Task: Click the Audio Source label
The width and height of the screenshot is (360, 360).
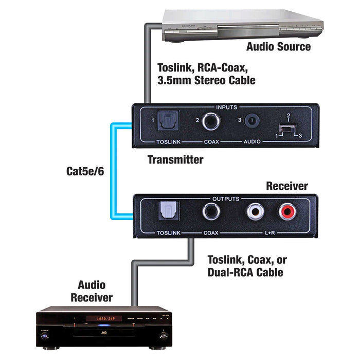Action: point(278,47)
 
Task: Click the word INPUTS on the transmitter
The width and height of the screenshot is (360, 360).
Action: point(226,107)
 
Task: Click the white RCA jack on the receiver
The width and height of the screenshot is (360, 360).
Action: point(255,211)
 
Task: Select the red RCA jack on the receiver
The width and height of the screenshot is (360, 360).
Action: point(287,211)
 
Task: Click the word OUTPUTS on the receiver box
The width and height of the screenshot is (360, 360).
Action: point(226,197)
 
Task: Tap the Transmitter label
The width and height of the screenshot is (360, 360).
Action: point(175,160)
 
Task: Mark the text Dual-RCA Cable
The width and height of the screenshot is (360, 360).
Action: point(245,272)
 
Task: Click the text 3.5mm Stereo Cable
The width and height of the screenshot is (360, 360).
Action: point(206,80)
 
